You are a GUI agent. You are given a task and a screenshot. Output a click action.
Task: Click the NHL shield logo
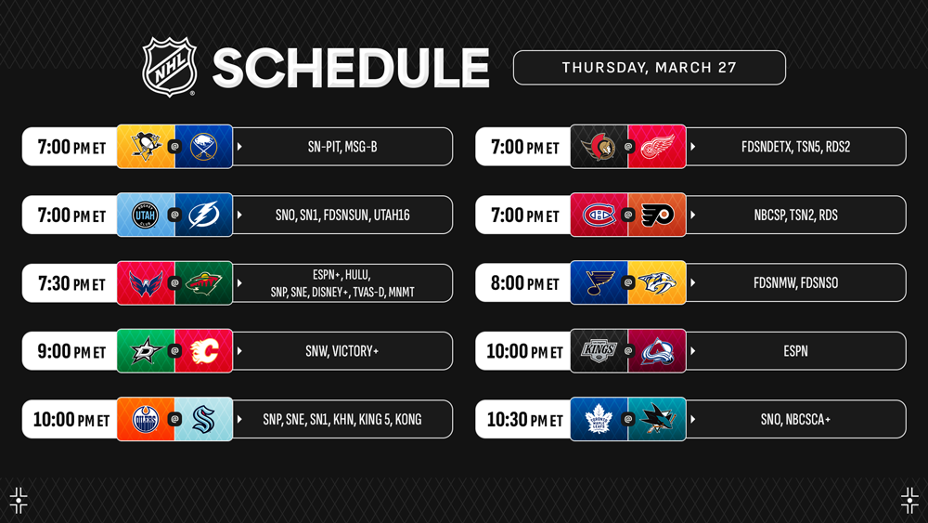pyautogui.click(x=170, y=67)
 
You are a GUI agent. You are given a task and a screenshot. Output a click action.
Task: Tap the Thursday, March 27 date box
pyautogui.click(x=650, y=68)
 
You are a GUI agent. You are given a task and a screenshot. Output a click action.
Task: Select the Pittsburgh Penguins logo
pyautogui.click(x=146, y=146)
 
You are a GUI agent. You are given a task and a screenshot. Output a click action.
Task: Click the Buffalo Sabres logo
pyautogui.click(x=203, y=146)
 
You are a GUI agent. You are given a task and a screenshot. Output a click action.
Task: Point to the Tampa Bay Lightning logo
pyautogui.click(x=203, y=215)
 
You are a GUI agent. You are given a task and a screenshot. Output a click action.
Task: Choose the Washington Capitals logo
pyautogui.click(x=146, y=283)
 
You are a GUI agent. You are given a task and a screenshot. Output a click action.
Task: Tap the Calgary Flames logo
pyautogui.click(x=204, y=351)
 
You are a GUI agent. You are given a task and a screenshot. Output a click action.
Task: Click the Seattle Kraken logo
pyautogui.click(x=203, y=419)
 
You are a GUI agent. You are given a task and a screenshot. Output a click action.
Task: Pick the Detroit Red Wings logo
pyautogui.click(x=658, y=146)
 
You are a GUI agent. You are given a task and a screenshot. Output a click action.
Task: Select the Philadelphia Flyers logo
pyautogui.click(x=658, y=215)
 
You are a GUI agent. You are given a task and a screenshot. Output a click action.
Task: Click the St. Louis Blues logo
pyautogui.click(x=599, y=283)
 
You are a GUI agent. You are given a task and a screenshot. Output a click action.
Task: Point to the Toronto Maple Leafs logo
pyautogui.click(x=599, y=419)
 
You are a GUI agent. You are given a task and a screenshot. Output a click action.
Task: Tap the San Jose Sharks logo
pyautogui.click(x=658, y=418)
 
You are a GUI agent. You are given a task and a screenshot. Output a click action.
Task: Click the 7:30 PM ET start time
pyautogui.click(x=71, y=283)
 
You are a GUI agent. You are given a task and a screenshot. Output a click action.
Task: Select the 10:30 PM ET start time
pyautogui.click(x=524, y=420)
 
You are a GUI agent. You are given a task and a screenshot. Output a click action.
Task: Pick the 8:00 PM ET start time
pyautogui.click(x=524, y=283)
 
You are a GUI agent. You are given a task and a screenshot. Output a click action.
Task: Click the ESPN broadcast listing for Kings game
pyautogui.click(x=795, y=351)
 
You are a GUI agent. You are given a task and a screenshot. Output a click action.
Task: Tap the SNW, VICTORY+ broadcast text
pyautogui.click(x=342, y=351)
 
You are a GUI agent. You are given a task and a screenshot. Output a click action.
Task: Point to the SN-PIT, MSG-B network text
pyautogui.click(x=342, y=147)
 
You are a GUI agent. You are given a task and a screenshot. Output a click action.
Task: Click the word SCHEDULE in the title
pyautogui.click(x=351, y=68)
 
